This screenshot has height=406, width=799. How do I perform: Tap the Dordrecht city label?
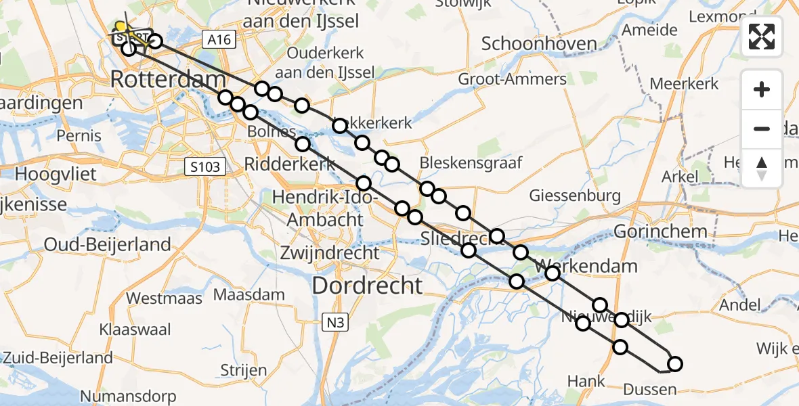[368, 285]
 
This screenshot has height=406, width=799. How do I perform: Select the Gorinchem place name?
[660, 231]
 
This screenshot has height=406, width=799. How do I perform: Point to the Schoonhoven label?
[539, 45]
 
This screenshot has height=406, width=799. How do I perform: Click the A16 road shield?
[219, 40]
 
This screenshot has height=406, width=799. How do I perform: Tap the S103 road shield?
[205, 166]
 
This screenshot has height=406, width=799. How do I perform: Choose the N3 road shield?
[334, 323]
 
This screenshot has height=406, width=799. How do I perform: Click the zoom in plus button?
[762, 89]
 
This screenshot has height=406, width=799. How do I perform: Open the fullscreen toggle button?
[762, 37]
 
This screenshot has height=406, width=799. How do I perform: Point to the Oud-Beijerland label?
[108, 244]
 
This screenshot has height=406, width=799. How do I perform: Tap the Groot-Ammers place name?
[513, 79]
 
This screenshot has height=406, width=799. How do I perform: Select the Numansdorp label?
[128, 396]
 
